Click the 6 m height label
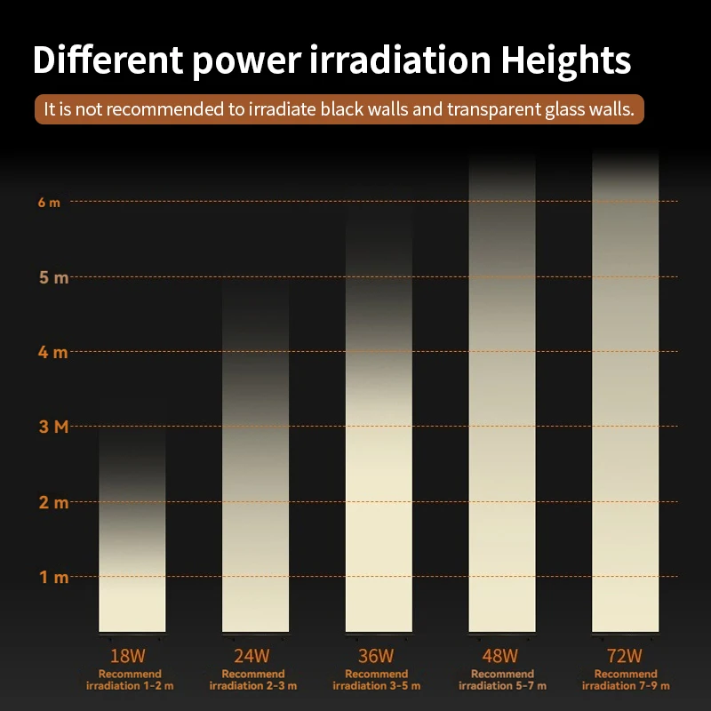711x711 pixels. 50,202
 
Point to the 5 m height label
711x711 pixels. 53,277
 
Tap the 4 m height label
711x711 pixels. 53,352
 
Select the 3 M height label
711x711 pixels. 53,427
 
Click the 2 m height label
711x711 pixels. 53,502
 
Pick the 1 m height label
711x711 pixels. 53,577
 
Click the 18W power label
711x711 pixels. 128,657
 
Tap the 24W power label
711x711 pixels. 252,657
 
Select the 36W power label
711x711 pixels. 376,657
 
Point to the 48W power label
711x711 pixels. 499,657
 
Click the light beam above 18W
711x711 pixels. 132,551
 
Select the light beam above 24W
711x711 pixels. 255,498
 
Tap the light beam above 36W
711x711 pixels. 379,462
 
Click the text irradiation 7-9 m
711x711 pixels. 626,686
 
